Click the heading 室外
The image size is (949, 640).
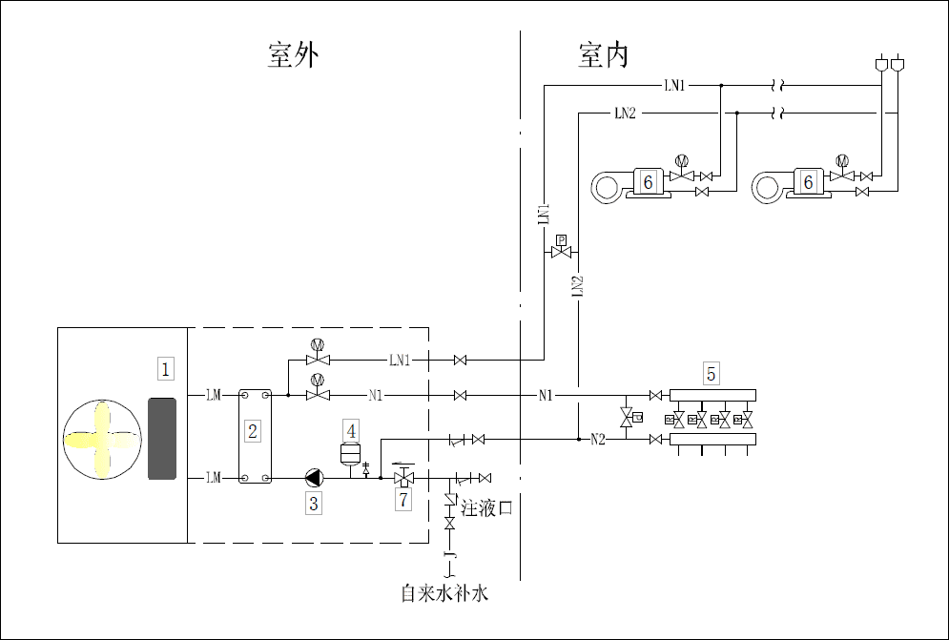tap(293, 55)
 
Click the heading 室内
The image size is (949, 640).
tap(604, 55)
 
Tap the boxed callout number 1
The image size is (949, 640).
tap(166, 368)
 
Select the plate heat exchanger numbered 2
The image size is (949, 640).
tap(253, 434)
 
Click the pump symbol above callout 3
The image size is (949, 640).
tap(314, 476)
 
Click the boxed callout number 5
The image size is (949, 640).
tap(711, 373)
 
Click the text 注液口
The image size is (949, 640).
tap(487, 508)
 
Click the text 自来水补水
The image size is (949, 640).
tap(444, 594)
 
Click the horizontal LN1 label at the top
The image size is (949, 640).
tap(673, 86)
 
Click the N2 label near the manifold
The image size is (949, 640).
tap(598, 440)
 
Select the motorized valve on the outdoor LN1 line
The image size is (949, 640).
tap(317, 357)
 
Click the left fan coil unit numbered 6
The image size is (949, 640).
tap(629, 183)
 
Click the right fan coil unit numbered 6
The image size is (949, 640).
tap(790, 183)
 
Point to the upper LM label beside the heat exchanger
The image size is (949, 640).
tap(213, 394)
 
